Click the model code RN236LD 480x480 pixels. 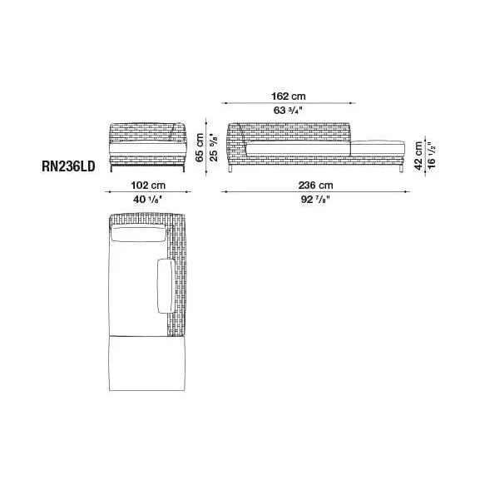point(68,166)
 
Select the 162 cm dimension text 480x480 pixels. point(289,96)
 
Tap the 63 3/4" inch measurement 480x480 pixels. point(288,110)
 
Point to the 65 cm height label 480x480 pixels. point(200,147)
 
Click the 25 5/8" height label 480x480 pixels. point(214,147)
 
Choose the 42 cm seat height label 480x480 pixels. point(418,156)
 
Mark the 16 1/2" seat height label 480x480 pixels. point(431,156)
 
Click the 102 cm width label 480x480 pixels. point(148,186)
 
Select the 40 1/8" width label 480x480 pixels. point(147,200)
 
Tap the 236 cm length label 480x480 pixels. point(315,186)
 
